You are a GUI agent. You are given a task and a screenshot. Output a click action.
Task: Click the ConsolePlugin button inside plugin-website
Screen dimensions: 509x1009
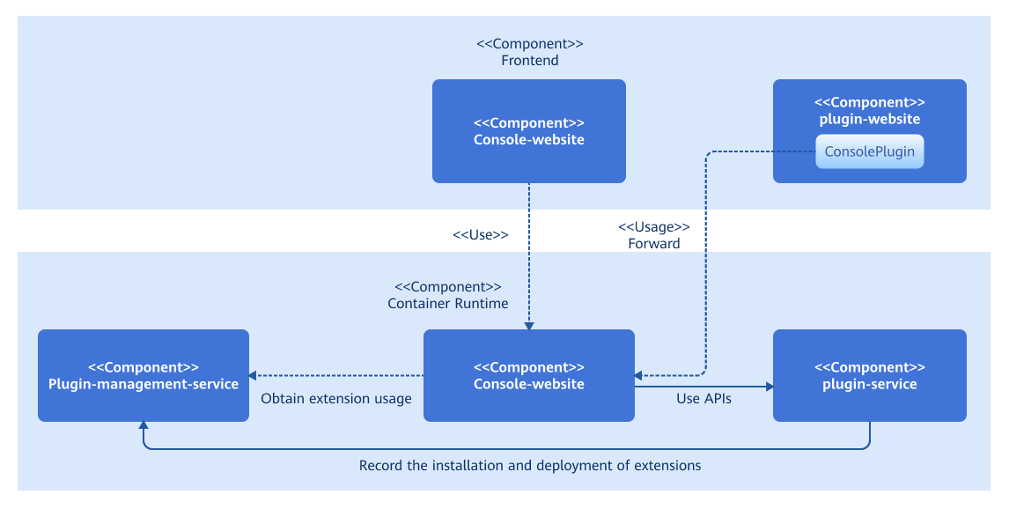[869, 151]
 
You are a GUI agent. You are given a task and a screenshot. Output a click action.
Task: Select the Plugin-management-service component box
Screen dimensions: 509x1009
[144, 376]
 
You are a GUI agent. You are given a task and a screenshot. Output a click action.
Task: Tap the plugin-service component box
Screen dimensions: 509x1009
[869, 376]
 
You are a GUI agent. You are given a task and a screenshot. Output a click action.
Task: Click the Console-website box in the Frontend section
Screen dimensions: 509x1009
[528, 131]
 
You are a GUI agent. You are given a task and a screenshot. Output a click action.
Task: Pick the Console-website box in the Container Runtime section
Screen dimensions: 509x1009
[528, 376]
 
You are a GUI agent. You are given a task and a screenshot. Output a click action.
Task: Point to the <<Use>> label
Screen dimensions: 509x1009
[481, 235]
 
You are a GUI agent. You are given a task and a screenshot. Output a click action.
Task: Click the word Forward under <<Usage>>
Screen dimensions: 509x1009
[653, 244]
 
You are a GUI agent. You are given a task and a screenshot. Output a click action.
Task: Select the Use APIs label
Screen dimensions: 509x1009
[703, 398]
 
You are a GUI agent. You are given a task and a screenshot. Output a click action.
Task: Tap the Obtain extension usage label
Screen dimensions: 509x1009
[336, 399]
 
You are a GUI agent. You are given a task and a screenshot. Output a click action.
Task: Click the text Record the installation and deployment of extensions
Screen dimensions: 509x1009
[530, 465]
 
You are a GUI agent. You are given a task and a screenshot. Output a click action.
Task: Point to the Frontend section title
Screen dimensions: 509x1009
[530, 61]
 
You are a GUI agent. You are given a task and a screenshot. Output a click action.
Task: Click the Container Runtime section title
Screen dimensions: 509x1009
[448, 303]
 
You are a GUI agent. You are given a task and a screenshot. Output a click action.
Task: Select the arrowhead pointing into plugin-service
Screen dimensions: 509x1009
[769, 386]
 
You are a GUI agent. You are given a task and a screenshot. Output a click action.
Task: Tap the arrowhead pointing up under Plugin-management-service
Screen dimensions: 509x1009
[144, 425]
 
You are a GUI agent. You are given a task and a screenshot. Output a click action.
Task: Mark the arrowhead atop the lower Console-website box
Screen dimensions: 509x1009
[528, 325]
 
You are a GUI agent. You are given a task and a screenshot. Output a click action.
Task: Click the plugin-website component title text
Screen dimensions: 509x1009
[869, 119]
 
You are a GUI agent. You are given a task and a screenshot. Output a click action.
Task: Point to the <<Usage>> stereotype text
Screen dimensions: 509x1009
[653, 227]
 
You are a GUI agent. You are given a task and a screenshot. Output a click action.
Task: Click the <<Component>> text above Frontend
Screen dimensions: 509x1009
[530, 43]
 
